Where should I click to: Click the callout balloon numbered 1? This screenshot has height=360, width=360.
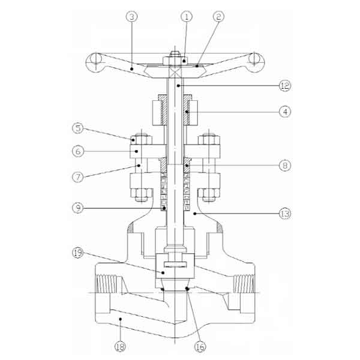pyautogui.click(x=187, y=17)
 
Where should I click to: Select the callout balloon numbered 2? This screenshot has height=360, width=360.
pyautogui.click(x=218, y=17)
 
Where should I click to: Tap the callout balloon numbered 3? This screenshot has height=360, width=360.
pyautogui.click(x=132, y=17)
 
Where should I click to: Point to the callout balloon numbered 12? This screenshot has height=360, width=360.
pyautogui.click(x=285, y=86)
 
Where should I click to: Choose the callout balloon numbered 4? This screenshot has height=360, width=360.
pyautogui.click(x=285, y=112)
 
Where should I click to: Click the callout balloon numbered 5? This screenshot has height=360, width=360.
pyautogui.click(x=78, y=128)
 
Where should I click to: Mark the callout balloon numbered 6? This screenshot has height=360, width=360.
pyautogui.click(x=78, y=151)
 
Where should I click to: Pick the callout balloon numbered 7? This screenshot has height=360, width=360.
pyautogui.click(x=78, y=177)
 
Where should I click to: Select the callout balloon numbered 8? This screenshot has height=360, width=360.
pyautogui.click(x=285, y=166)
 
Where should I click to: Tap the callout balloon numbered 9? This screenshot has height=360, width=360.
pyautogui.click(x=78, y=208)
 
